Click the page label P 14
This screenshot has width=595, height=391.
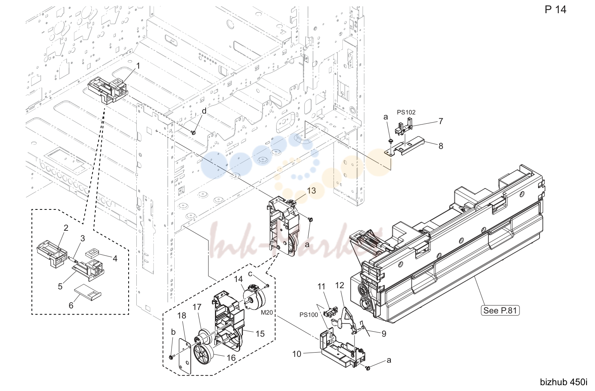tap(555, 10)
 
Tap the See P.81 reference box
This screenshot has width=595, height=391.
tap(500, 310)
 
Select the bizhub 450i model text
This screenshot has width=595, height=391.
tap(564, 382)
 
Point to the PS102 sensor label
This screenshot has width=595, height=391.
tap(406, 112)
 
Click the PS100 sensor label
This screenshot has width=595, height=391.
tap(309, 315)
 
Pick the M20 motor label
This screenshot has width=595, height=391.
tap(267, 313)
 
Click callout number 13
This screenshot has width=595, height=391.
tap(311, 190)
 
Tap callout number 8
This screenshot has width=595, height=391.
tap(441, 146)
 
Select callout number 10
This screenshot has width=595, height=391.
tap(297, 354)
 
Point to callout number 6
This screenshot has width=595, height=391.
tap(71, 305)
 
